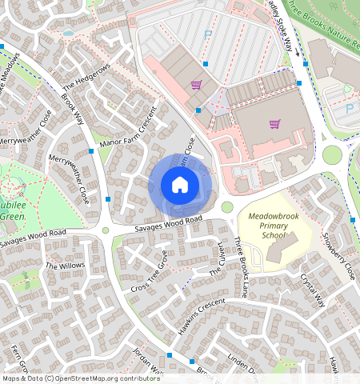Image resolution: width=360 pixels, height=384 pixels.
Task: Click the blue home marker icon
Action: point(180,186)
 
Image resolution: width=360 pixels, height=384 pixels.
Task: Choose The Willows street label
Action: point(65,266)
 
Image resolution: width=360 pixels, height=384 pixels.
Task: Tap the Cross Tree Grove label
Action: point(150,272)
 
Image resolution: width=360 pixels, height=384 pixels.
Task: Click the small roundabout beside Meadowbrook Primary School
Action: point(227,207)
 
